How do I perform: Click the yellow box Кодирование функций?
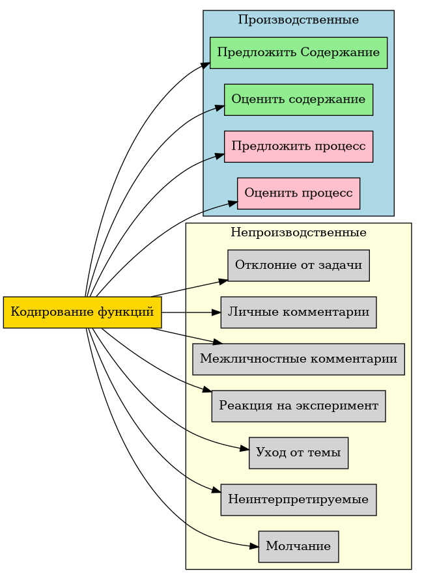pos(82,312)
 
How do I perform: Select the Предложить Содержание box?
pos(298,53)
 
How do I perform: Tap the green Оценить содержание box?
pos(298,100)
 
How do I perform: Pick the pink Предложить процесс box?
pos(298,146)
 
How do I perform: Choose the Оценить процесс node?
pos(298,193)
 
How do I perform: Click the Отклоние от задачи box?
pos(298,266)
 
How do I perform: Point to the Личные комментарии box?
pos(298,312)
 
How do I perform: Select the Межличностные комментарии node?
pos(298,359)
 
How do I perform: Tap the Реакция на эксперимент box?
pos(298,406)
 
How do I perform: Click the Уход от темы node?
pos(298,453)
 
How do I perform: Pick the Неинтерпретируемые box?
pos(298,500)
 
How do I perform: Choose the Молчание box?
pos(298,547)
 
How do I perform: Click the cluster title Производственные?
pos(298,20)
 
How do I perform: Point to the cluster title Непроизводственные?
pos(298,232)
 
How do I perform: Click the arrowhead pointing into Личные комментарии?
pos(217,312)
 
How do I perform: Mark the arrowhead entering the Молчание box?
pos(254,546)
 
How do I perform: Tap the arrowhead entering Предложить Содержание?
pos(206,63)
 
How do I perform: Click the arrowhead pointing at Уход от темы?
pos(245,449)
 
